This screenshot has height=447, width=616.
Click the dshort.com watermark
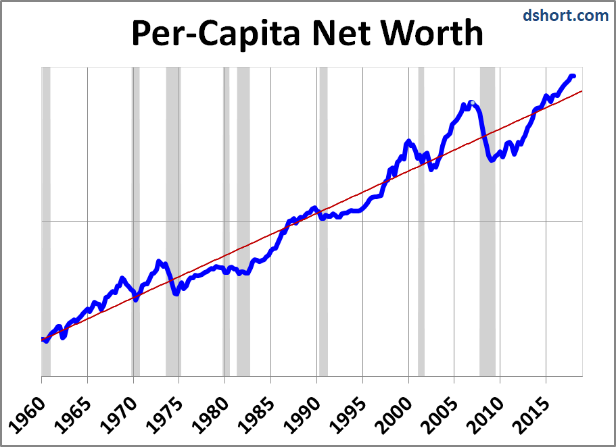565,14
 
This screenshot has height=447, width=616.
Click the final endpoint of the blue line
573,76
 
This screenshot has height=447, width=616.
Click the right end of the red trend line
582,91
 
